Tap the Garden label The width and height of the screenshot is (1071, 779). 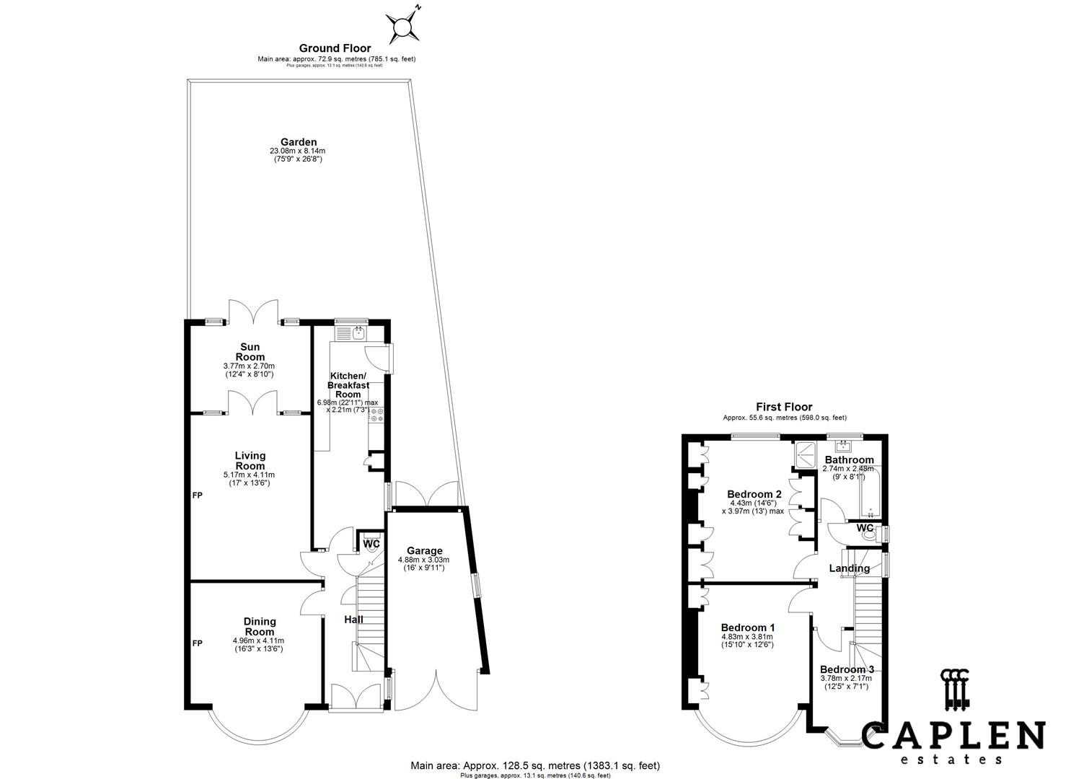[298, 142]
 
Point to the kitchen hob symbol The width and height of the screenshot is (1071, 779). [376, 415]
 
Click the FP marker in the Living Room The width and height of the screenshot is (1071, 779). [197, 496]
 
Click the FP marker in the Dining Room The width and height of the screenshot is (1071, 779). [197, 643]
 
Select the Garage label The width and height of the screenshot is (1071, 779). [424, 551]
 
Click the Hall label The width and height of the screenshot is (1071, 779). [353, 620]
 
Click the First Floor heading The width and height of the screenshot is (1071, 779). [784, 407]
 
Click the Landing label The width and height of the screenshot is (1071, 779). [849, 568]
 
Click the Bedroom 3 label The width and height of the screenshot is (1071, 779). [846, 669]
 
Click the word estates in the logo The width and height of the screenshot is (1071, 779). [953, 759]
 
